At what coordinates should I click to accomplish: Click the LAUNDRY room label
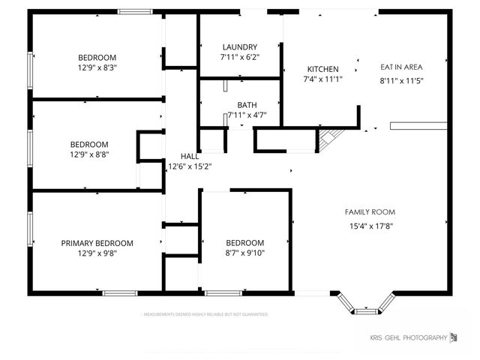239,46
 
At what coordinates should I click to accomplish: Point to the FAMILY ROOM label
370,212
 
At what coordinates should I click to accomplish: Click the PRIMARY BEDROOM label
97,243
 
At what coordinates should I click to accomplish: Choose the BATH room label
247,105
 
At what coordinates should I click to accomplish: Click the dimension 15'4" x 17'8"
370,226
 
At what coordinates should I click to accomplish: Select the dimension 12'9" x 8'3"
97,67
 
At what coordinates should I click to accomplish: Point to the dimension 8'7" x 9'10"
245,253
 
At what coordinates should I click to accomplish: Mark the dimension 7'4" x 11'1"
322,79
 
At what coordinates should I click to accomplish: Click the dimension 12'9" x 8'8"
89,154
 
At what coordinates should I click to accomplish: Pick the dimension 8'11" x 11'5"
403,80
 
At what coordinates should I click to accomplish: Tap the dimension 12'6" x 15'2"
190,166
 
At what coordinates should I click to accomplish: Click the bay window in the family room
366,304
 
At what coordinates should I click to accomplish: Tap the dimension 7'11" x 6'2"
239,57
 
